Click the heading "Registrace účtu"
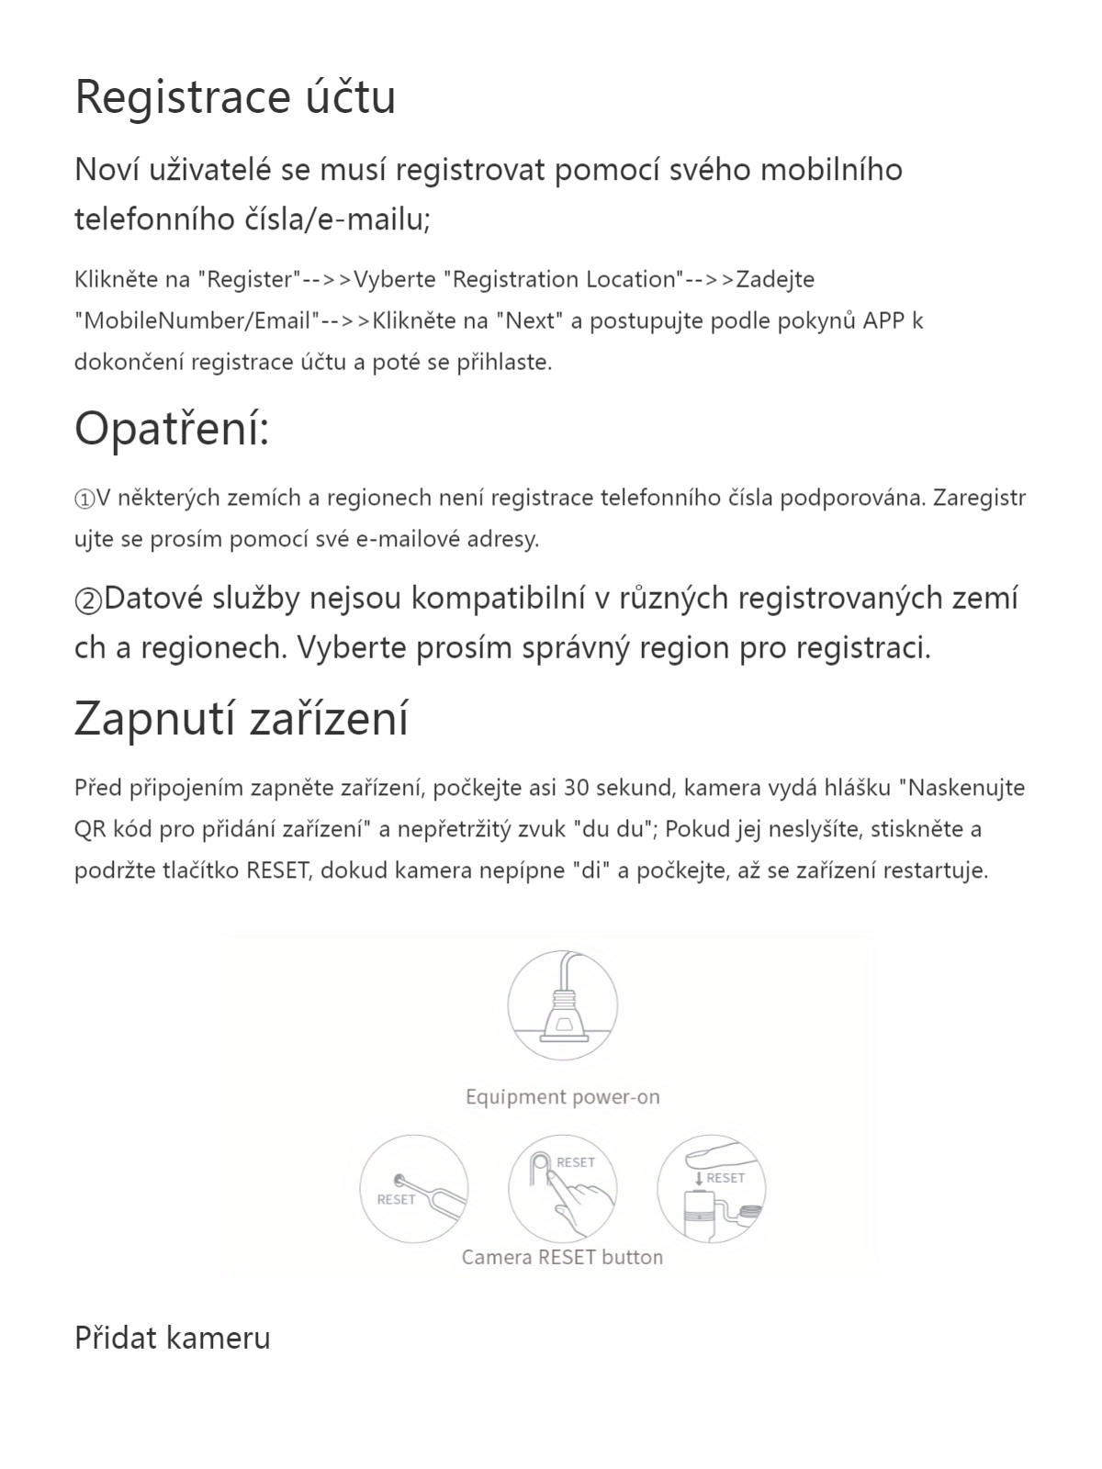[235, 97]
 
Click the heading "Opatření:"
[172, 429]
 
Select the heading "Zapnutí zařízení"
[241, 718]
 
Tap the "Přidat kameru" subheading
[173, 1338]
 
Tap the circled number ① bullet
[84, 499]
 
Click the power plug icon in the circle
[562, 1006]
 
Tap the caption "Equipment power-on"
[562, 1097]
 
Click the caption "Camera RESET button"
[562, 1258]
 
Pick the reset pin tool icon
[414, 1189]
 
